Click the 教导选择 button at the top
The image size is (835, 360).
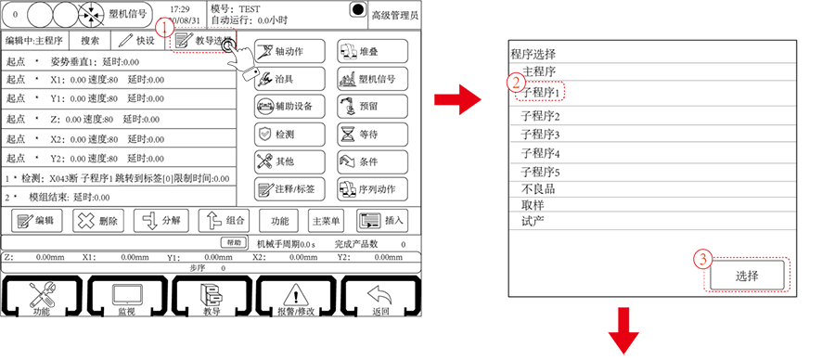pos(201,41)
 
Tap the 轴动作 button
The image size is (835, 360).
pos(289,50)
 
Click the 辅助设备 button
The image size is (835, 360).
pos(289,106)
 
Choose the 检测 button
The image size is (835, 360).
pos(289,134)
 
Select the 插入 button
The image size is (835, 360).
pos(381,221)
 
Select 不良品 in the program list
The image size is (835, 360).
pos(540,188)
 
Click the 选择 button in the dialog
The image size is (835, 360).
pos(747,276)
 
